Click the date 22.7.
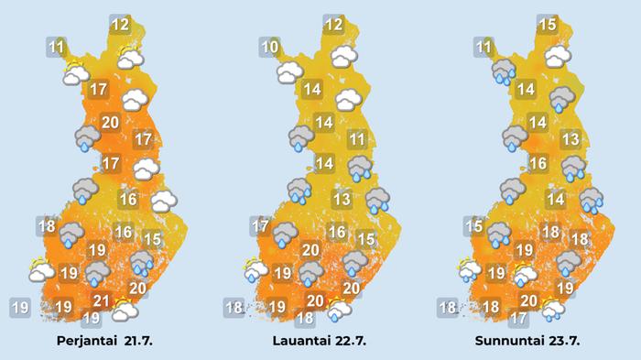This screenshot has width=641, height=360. click(349, 341)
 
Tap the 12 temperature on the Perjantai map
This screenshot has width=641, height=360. click(120, 25)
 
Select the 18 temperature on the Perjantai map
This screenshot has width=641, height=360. click(48, 226)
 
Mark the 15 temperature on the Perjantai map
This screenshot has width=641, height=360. click(152, 240)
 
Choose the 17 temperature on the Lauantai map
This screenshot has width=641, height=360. click(261, 226)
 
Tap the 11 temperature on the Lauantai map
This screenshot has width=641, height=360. click(358, 140)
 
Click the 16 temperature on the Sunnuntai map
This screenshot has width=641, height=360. click(538, 164)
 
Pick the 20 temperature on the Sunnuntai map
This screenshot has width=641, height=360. click(528, 300)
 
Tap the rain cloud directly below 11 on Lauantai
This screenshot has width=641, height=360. click(359, 167)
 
